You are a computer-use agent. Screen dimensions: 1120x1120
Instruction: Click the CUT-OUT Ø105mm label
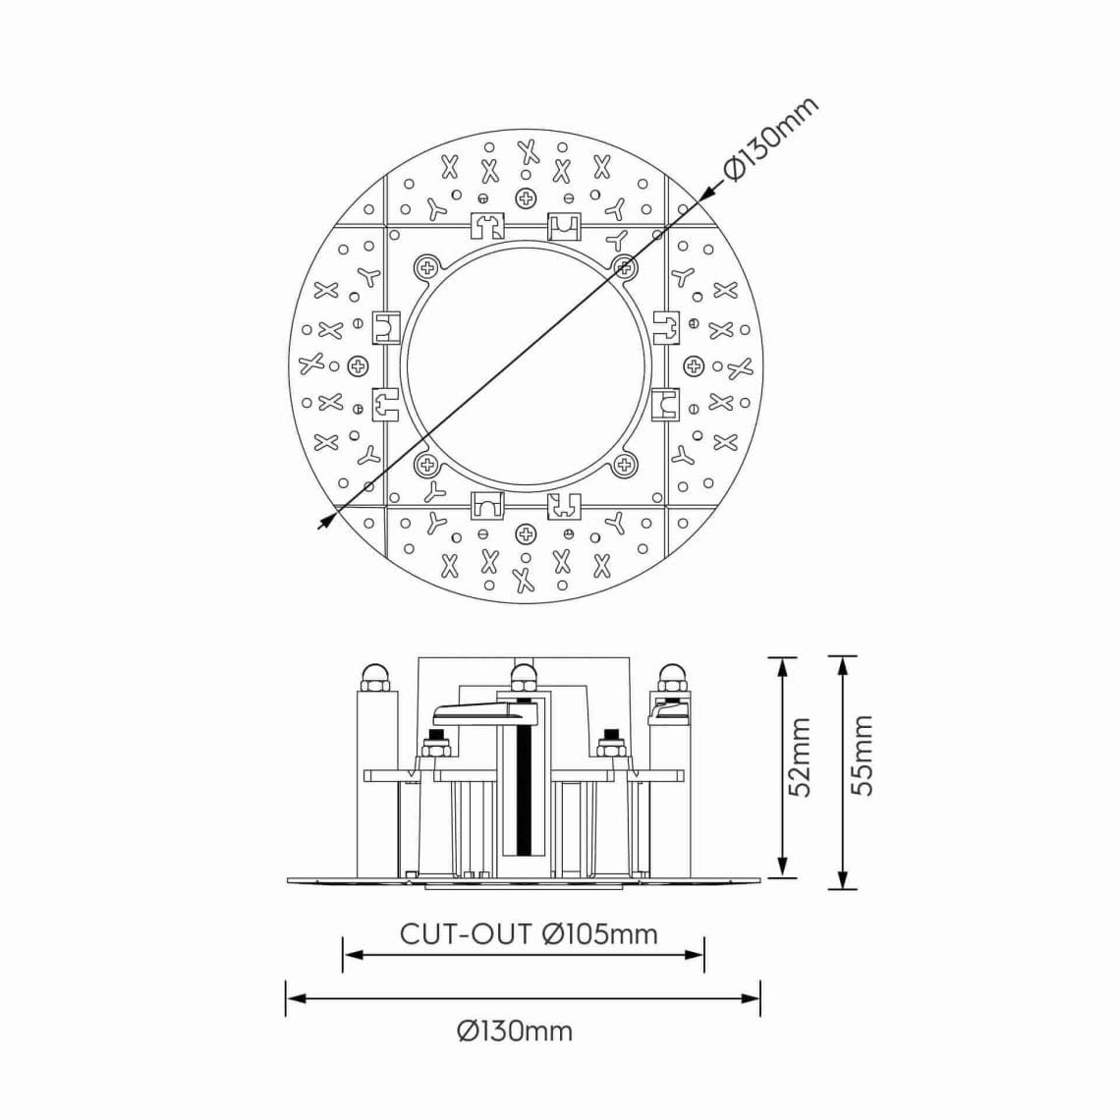[529, 933]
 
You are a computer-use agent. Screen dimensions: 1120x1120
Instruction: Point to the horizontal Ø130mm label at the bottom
[514, 1031]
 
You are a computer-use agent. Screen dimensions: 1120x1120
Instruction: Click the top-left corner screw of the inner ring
[427, 265]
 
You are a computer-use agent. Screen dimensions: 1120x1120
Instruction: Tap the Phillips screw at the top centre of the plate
[527, 198]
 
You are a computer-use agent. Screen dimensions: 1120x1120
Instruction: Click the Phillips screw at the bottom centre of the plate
[527, 533]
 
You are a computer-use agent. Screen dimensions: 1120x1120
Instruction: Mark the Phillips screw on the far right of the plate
[694, 366]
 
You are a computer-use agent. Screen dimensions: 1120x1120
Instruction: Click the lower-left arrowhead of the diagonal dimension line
[324, 524]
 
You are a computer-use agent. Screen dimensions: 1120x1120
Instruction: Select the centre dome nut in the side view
[524, 675]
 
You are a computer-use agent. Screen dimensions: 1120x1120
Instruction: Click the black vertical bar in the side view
[525, 786]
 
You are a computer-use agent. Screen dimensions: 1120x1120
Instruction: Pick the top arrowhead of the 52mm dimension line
[782, 664]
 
